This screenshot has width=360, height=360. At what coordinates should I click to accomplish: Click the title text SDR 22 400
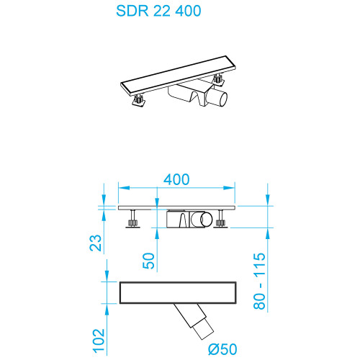pos(158,12)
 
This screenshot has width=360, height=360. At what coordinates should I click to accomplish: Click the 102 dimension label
pos(100,340)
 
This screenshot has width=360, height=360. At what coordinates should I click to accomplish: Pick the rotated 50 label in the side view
pos(148,261)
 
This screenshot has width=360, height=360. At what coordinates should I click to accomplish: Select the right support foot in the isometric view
pos(217,78)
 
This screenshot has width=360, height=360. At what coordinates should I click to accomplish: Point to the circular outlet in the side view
pos(206,220)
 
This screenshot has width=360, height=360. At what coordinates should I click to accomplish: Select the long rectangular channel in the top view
pos(178,292)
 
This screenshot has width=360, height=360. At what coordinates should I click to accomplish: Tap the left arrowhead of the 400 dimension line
pos(120,189)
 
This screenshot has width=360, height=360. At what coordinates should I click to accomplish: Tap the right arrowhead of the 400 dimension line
pos(235,189)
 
